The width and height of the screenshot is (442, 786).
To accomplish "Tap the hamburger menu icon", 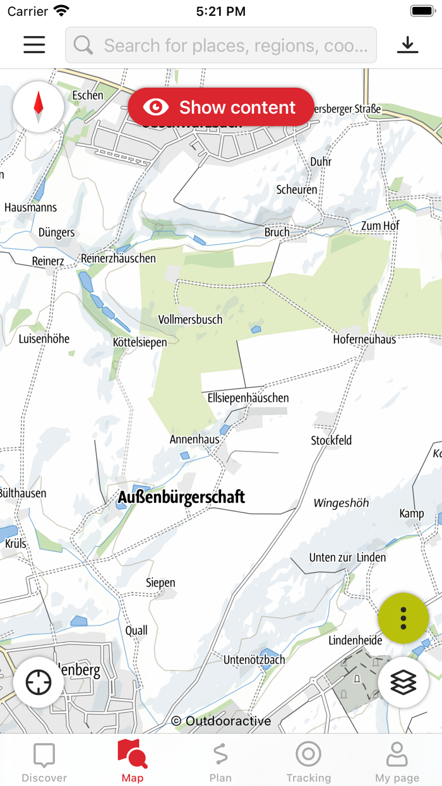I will coord(34,44).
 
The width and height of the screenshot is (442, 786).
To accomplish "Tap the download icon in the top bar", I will coord(408,44).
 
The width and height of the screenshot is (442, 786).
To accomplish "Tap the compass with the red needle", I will coord(39,107).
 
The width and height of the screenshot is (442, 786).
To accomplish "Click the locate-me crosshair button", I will coord(39,682).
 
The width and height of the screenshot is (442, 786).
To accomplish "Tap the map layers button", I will coord(403,682).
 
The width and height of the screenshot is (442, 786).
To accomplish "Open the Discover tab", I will coord(44,761).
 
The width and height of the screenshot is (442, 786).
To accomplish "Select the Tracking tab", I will coord(308,761).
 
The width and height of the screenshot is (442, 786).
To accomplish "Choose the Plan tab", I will coord(220,761).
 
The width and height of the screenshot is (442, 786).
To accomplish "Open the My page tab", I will coord(397,761).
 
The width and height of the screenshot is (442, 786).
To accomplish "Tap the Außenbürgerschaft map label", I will coord(181,497).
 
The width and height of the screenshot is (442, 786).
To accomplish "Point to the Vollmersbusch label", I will coord(190,320).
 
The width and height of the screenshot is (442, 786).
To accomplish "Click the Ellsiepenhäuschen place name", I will coord(248,398).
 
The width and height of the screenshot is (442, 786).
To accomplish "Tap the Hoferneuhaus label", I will coord(364,339).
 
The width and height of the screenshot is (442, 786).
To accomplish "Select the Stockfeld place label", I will coord(331,440).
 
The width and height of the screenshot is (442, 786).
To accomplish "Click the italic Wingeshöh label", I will coord(341,504).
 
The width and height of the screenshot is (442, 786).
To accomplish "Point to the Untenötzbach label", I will coord(254,660).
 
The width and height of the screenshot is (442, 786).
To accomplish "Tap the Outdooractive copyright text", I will coord(221,721).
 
